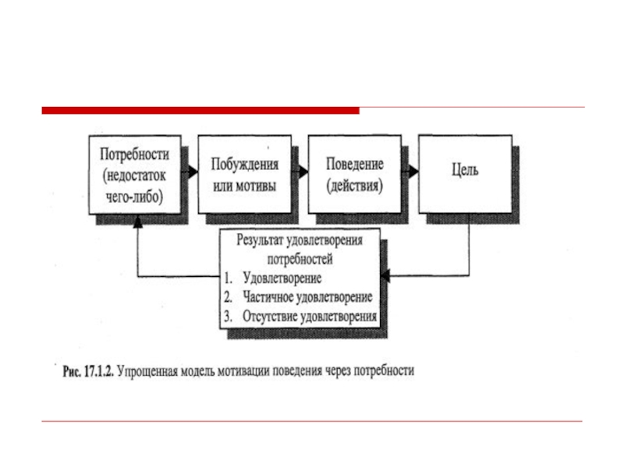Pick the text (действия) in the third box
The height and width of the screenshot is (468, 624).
[x=355, y=188]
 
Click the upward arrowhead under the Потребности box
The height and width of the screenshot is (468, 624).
[x=138, y=222]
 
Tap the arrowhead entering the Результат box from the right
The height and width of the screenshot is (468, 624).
[x=385, y=276]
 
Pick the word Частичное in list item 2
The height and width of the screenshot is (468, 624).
[x=273, y=297]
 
